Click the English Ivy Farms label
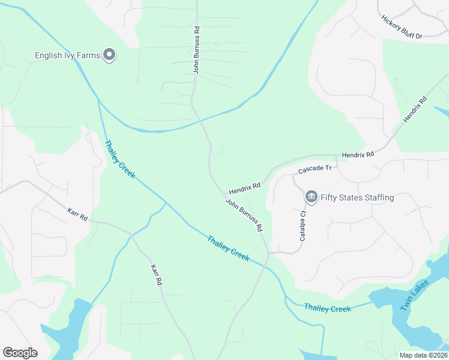point(67,56)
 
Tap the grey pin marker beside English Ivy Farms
point(109,56)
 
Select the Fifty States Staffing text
point(357,197)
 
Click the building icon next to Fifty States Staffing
point(311,197)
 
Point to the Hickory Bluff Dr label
point(402,27)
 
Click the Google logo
point(20,353)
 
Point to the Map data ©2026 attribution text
point(423,355)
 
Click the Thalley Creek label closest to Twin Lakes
point(327,308)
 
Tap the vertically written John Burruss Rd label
point(196,50)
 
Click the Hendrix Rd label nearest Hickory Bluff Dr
point(415,110)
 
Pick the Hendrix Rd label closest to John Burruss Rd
point(244,188)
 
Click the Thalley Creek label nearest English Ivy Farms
point(120,160)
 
